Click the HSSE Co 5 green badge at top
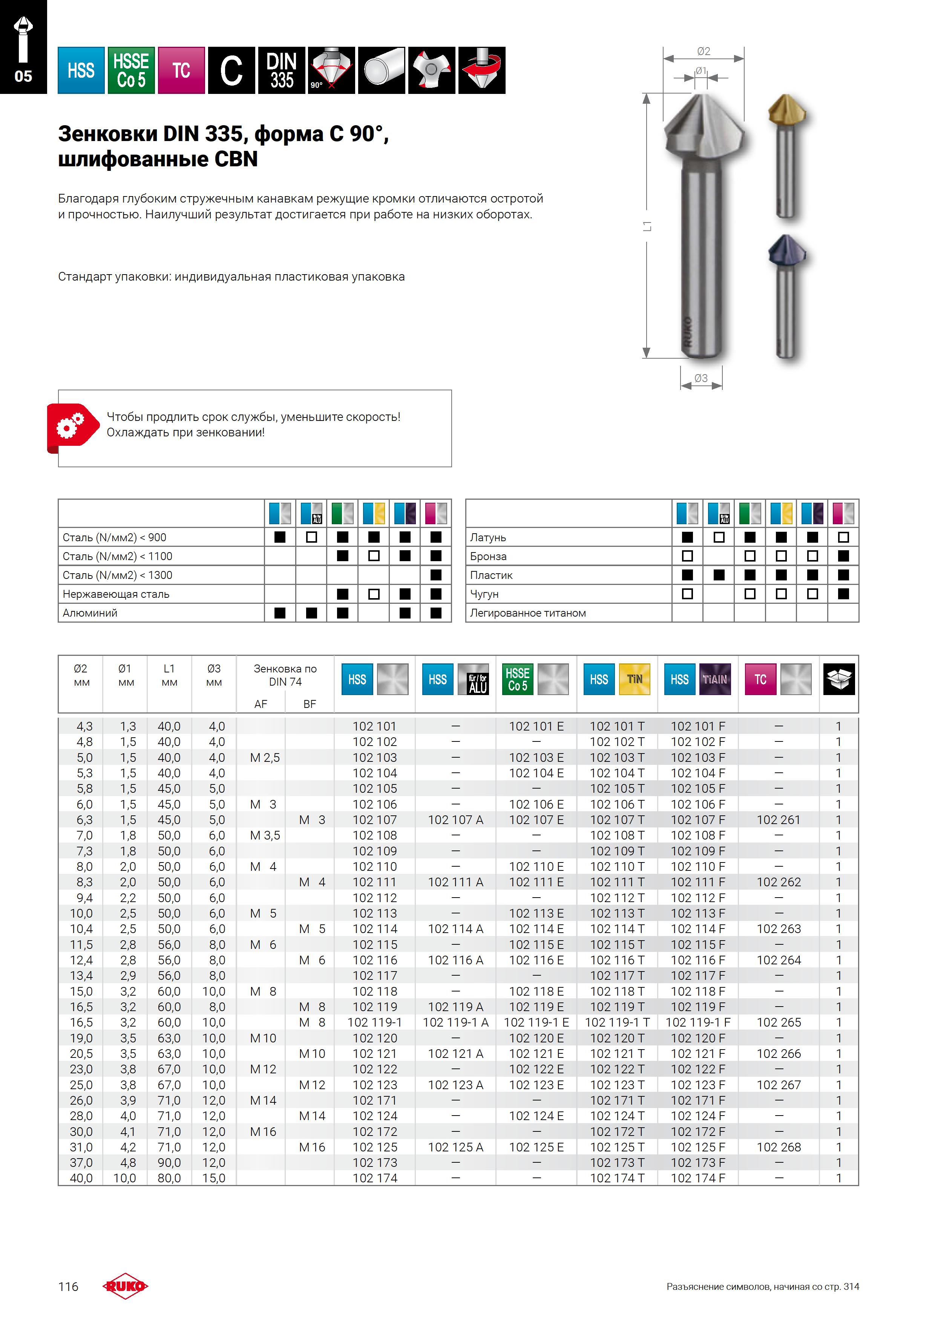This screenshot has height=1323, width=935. coord(131,70)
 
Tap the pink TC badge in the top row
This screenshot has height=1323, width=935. coord(181,70)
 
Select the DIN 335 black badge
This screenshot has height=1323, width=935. coord(281,70)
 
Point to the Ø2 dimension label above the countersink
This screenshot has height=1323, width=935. coord(704,51)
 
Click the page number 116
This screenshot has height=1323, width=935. coord(68,1286)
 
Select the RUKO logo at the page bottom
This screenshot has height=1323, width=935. coord(125,1286)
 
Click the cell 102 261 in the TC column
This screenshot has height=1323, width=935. coord(778,820)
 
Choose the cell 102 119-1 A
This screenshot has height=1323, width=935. coord(455,1022)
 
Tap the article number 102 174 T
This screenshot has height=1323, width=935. coord(616,1178)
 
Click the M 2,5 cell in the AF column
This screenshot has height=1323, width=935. coord(264,757)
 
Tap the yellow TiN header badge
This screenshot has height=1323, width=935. coord(634,679)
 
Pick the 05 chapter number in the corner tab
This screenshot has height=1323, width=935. coord(23,76)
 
